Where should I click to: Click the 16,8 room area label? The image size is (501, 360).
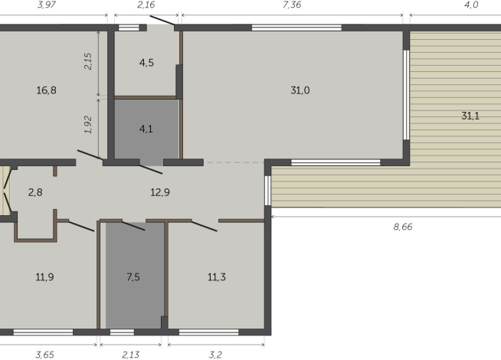(46, 90)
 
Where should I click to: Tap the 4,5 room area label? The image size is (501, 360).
(146, 62)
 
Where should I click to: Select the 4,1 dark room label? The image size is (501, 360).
(146, 129)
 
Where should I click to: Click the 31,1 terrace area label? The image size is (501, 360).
(471, 116)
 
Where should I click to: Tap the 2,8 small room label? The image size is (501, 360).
(35, 191)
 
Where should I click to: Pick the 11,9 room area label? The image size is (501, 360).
(44, 277)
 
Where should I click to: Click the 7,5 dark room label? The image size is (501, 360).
(133, 277)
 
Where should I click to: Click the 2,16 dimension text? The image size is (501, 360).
(146, 5)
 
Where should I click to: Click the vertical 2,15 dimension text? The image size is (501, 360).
(88, 61)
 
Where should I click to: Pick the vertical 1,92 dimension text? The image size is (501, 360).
(88, 125)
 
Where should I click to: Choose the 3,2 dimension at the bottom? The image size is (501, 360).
(216, 355)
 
